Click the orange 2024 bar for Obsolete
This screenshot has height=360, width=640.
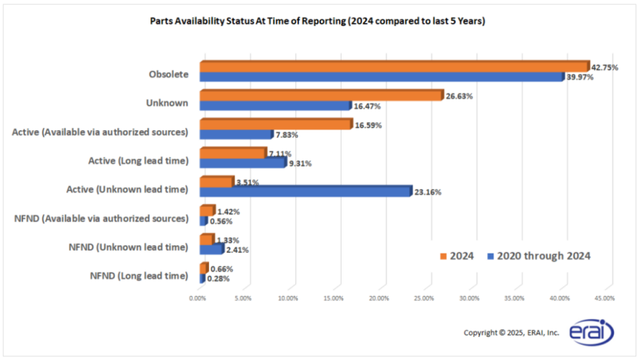(x=393, y=67)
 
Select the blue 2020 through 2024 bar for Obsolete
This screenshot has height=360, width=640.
(x=382, y=77)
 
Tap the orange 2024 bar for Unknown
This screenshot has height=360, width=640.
(x=320, y=96)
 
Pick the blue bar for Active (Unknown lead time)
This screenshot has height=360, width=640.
(x=305, y=192)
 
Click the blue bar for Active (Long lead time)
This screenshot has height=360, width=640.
(x=242, y=163)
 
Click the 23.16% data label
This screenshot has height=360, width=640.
(x=428, y=192)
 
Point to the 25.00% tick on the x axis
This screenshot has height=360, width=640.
(x=423, y=298)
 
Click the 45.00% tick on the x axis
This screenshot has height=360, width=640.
(x=605, y=298)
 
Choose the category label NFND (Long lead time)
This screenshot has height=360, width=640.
(x=140, y=275)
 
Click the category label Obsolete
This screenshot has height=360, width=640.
(x=168, y=75)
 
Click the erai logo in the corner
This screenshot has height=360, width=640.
(x=591, y=332)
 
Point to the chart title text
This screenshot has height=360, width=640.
(x=317, y=22)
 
